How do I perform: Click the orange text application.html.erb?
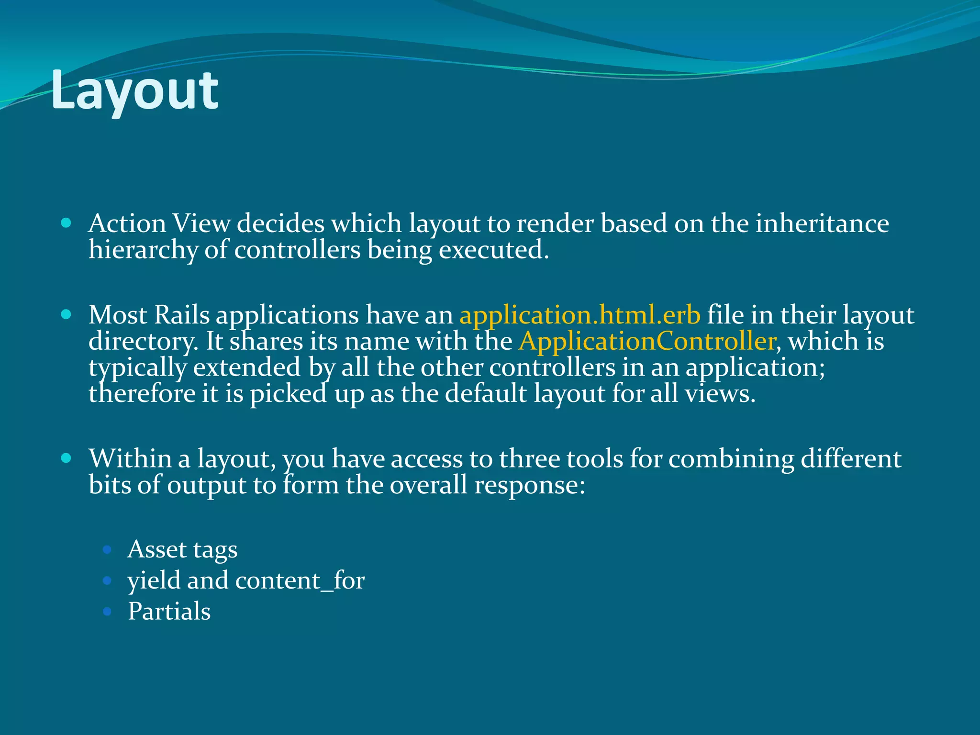click(x=580, y=315)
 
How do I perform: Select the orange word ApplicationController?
click(x=647, y=342)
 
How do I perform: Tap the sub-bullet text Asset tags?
click(x=182, y=549)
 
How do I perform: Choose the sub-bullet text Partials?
click(x=169, y=612)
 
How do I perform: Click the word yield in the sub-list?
click(x=154, y=581)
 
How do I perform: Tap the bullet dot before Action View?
click(x=67, y=223)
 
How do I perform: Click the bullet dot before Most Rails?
click(x=67, y=315)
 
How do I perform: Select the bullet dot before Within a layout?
click(x=67, y=458)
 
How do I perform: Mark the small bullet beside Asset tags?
click(x=107, y=550)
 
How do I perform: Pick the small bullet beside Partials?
click(x=107, y=612)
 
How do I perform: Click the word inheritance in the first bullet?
click(x=822, y=224)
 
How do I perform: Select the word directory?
click(x=143, y=342)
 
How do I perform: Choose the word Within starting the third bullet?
click(x=130, y=459)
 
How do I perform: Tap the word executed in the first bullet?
click(x=493, y=250)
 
